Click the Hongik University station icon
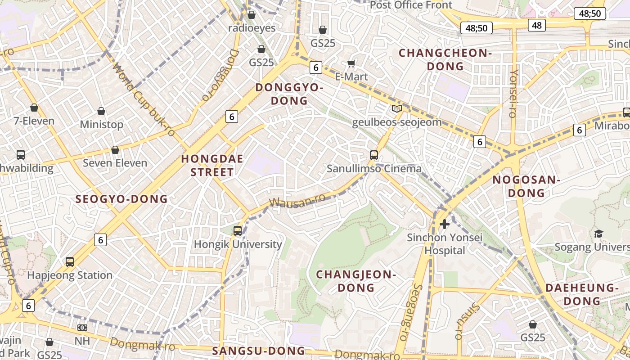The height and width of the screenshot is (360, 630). pyautogui.click(x=238, y=231)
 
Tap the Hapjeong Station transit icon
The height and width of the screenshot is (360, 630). pyautogui.click(x=70, y=261)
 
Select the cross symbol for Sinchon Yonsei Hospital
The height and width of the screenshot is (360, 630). pyautogui.click(x=445, y=224)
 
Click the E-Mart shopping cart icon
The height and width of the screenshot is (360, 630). pyautogui.click(x=351, y=64)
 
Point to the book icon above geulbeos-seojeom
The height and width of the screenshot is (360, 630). pyautogui.click(x=396, y=108)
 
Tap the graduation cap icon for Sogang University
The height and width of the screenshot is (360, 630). pyautogui.click(x=598, y=234)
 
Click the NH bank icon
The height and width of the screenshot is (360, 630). pyautogui.click(x=82, y=328)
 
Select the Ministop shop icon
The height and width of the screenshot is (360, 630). pyautogui.click(x=101, y=111)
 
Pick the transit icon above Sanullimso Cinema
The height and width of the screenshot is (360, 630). pyautogui.click(x=374, y=155)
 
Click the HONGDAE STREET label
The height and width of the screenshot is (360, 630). pyautogui.click(x=212, y=165)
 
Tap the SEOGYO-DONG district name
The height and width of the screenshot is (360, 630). pyautogui.click(x=121, y=199)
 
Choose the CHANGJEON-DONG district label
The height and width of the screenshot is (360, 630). pyautogui.click(x=356, y=281)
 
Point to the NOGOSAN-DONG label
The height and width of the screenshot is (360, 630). pyautogui.click(x=526, y=186)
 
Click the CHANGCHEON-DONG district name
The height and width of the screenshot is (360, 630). pyautogui.click(x=445, y=59)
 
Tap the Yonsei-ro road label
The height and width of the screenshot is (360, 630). pyautogui.click(x=514, y=93)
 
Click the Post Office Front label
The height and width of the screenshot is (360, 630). pyautogui.click(x=411, y=5)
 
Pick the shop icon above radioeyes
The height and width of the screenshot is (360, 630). pyautogui.click(x=252, y=15)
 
